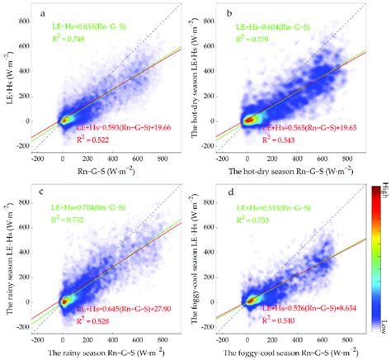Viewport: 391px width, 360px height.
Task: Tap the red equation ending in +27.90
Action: (x=126, y=307)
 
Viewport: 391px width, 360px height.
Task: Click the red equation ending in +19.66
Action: (x=126, y=129)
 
